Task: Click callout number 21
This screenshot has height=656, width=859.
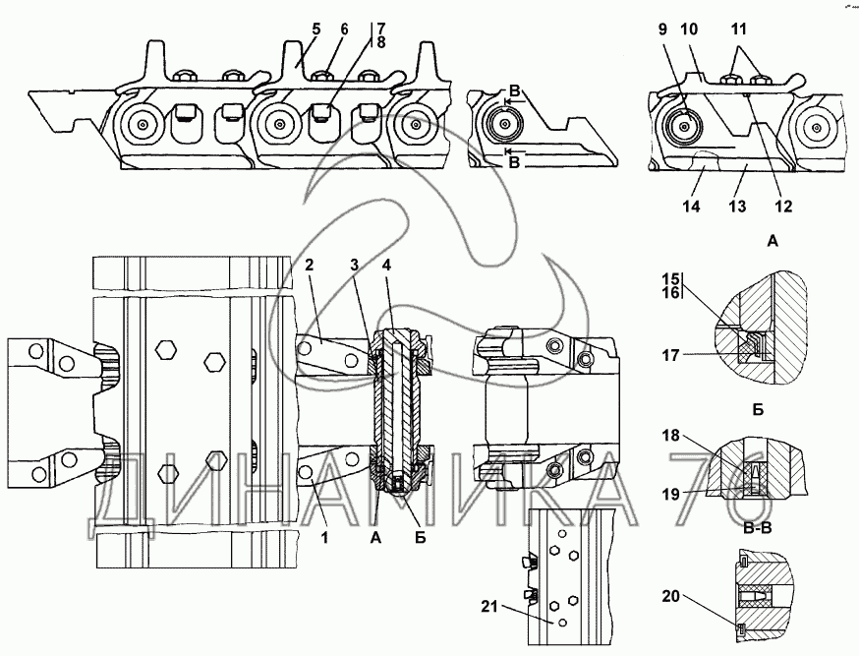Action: click(x=489, y=606)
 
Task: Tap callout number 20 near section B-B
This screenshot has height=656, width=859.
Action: click(x=671, y=596)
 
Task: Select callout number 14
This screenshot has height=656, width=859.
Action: click(x=691, y=207)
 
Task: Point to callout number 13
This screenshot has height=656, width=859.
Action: click(x=737, y=207)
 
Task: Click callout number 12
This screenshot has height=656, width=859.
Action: click(x=783, y=207)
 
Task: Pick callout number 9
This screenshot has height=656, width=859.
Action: click(x=662, y=30)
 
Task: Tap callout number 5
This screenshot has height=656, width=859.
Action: click(x=316, y=30)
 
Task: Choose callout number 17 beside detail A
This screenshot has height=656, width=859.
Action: click(x=671, y=356)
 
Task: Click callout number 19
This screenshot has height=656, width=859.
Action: click(x=671, y=494)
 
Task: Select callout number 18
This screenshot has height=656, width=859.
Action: click(x=671, y=436)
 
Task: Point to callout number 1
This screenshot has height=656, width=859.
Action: click(x=324, y=538)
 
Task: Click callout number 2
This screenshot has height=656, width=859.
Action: click(x=310, y=266)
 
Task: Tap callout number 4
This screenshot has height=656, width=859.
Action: click(x=387, y=266)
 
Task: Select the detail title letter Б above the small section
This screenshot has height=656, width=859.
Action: click(x=758, y=410)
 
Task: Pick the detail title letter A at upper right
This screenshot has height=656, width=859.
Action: click(x=773, y=241)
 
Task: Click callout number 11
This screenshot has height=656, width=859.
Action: click(x=739, y=30)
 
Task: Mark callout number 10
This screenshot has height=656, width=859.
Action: click(x=690, y=30)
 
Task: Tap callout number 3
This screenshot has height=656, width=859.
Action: click(x=355, y=266)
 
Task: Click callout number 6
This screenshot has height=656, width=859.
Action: click(x=344, y=30)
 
